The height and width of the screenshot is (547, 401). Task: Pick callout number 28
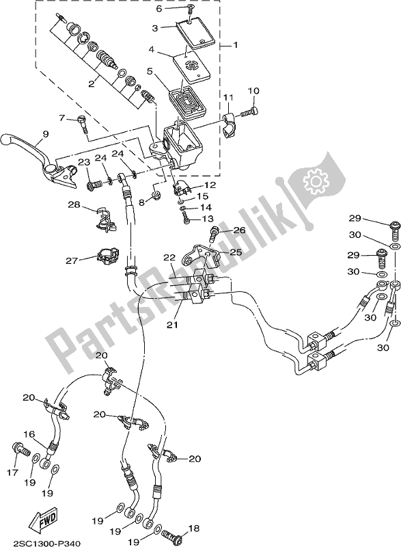coord(73,204)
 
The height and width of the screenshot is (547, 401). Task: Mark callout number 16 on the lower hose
coord(31,433)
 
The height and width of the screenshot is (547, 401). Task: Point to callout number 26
coord(239,230)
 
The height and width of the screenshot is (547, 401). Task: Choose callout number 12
coord(209,185)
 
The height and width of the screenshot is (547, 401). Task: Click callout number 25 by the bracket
coord(236,252)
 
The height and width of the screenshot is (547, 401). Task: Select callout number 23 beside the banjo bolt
coord(83,162)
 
